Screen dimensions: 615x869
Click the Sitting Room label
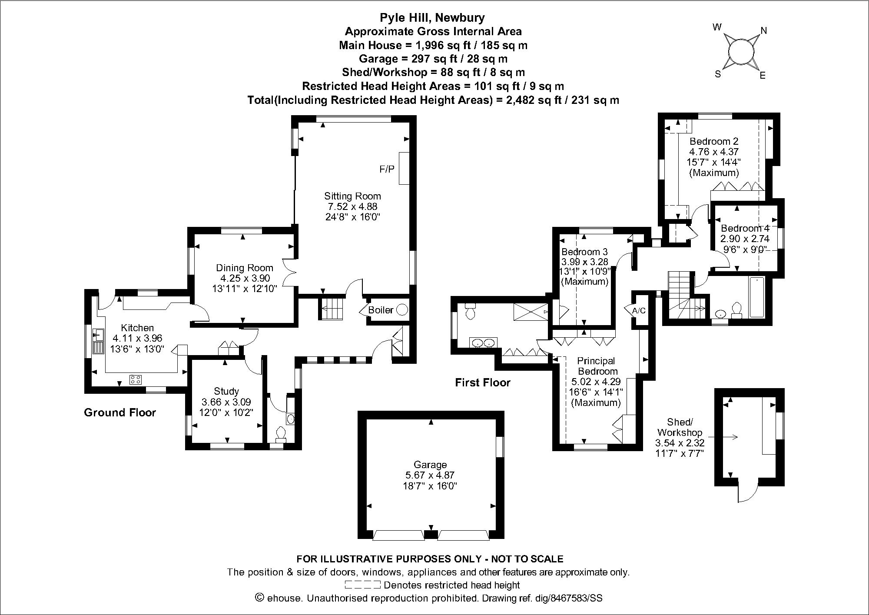[352, 196]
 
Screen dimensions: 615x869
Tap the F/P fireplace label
[387, 169]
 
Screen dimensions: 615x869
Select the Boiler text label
[381, 310]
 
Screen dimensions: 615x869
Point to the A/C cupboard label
[639, 311]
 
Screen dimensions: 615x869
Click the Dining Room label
[245, 268]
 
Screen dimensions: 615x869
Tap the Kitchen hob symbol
[136, 379]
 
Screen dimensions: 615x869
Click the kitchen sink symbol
[98, 335]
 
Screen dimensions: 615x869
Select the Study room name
[226, 391]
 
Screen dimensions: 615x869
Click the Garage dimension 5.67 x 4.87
[430, 475]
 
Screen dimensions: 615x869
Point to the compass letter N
[763, 30]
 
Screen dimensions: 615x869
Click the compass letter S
[718, 74]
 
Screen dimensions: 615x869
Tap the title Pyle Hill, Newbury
[432, 17]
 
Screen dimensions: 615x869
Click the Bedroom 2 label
[714, 141]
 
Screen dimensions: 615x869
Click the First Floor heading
[483, 382]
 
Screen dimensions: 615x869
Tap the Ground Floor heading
[120, 412]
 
